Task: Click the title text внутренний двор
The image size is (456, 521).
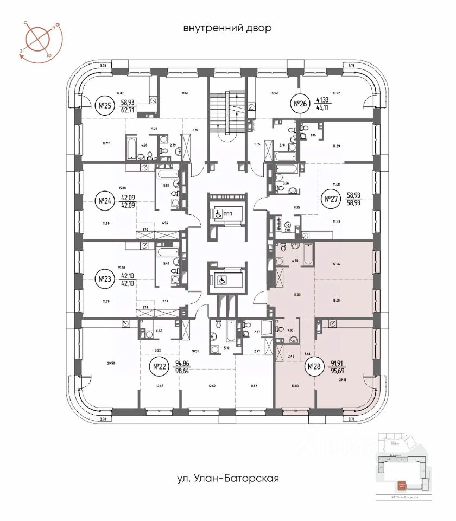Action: [x=227, y=28]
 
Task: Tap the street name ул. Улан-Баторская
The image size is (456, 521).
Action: [x=228, y=479]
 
